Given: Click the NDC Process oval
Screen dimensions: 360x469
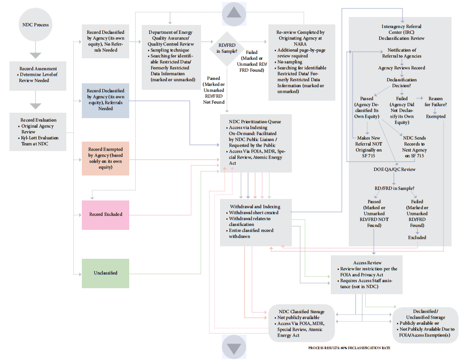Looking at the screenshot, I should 34,24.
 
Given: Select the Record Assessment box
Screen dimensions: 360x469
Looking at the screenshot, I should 38,75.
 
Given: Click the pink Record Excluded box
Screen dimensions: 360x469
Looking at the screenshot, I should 105,214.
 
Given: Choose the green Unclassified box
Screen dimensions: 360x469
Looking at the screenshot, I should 105,273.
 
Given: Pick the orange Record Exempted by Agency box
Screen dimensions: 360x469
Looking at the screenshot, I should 105,158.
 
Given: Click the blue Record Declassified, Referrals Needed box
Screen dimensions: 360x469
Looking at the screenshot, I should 105,100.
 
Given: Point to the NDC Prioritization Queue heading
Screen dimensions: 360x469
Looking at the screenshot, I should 255,122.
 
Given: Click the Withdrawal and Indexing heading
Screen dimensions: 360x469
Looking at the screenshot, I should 254,206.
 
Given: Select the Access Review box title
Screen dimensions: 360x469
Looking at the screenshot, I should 367,263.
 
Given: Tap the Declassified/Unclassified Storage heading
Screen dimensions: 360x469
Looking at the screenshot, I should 426,314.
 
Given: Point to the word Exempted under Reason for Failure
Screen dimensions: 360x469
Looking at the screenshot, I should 436,117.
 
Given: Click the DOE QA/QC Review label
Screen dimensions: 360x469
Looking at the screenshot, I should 395,170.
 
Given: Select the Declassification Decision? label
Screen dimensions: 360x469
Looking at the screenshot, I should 402,83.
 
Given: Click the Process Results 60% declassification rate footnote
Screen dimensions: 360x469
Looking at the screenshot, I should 349,348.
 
